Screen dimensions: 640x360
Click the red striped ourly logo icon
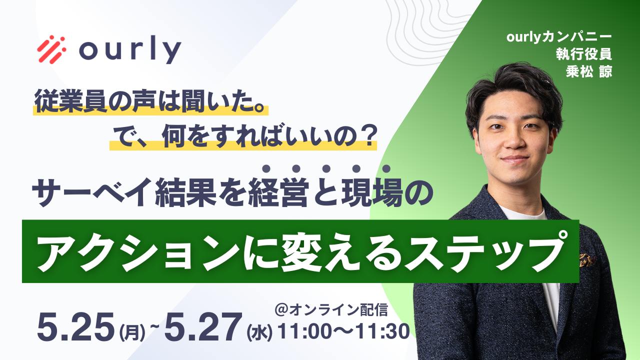[51, 49]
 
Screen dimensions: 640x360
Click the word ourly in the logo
[130, 49]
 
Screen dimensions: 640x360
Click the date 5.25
[76, 327]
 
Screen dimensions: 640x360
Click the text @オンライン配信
[331, 309]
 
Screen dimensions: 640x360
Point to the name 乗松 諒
[589, 71]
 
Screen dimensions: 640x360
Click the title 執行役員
[584, 53]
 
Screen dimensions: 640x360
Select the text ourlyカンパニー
[559, 37]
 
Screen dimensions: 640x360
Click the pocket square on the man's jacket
[586, 259]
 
